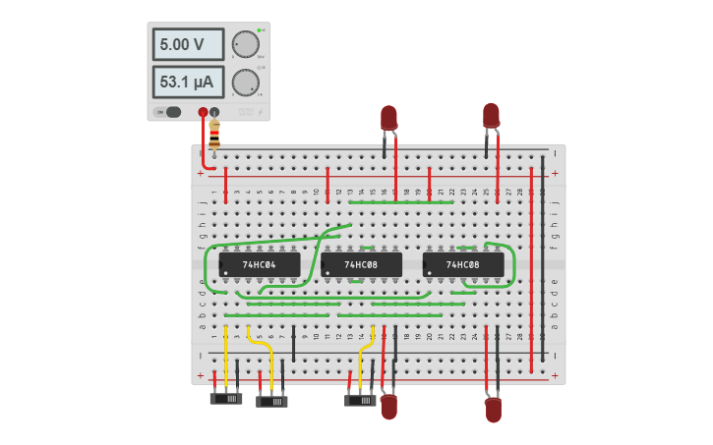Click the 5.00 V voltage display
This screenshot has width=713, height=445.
point(187,44)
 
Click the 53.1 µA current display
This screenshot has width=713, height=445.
point(187,82)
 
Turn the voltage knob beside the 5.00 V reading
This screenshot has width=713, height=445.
point(244,45)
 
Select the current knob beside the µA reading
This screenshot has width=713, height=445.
point(244,83)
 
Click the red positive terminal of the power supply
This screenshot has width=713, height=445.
point(203,112)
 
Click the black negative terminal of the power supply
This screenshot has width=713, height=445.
point(214,112)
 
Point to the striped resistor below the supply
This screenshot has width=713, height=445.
point(214,134)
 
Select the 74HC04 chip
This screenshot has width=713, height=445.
point(260,265)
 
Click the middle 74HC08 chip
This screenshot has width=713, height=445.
point(361,265)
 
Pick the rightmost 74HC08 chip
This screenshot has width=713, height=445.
point(463,265)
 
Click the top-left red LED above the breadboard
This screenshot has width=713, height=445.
point(389,118)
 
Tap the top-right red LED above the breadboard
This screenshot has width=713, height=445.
point(491,115)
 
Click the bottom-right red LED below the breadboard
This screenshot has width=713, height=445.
point(493,409)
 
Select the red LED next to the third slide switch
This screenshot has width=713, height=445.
point(389,406)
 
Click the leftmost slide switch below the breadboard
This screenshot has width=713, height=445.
point(226,399)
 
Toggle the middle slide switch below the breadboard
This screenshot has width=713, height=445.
point(272,401)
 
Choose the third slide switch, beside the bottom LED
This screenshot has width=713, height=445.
point(360,400)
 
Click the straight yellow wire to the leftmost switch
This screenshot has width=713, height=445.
point(226,359)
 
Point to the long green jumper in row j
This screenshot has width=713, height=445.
point(401,202)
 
